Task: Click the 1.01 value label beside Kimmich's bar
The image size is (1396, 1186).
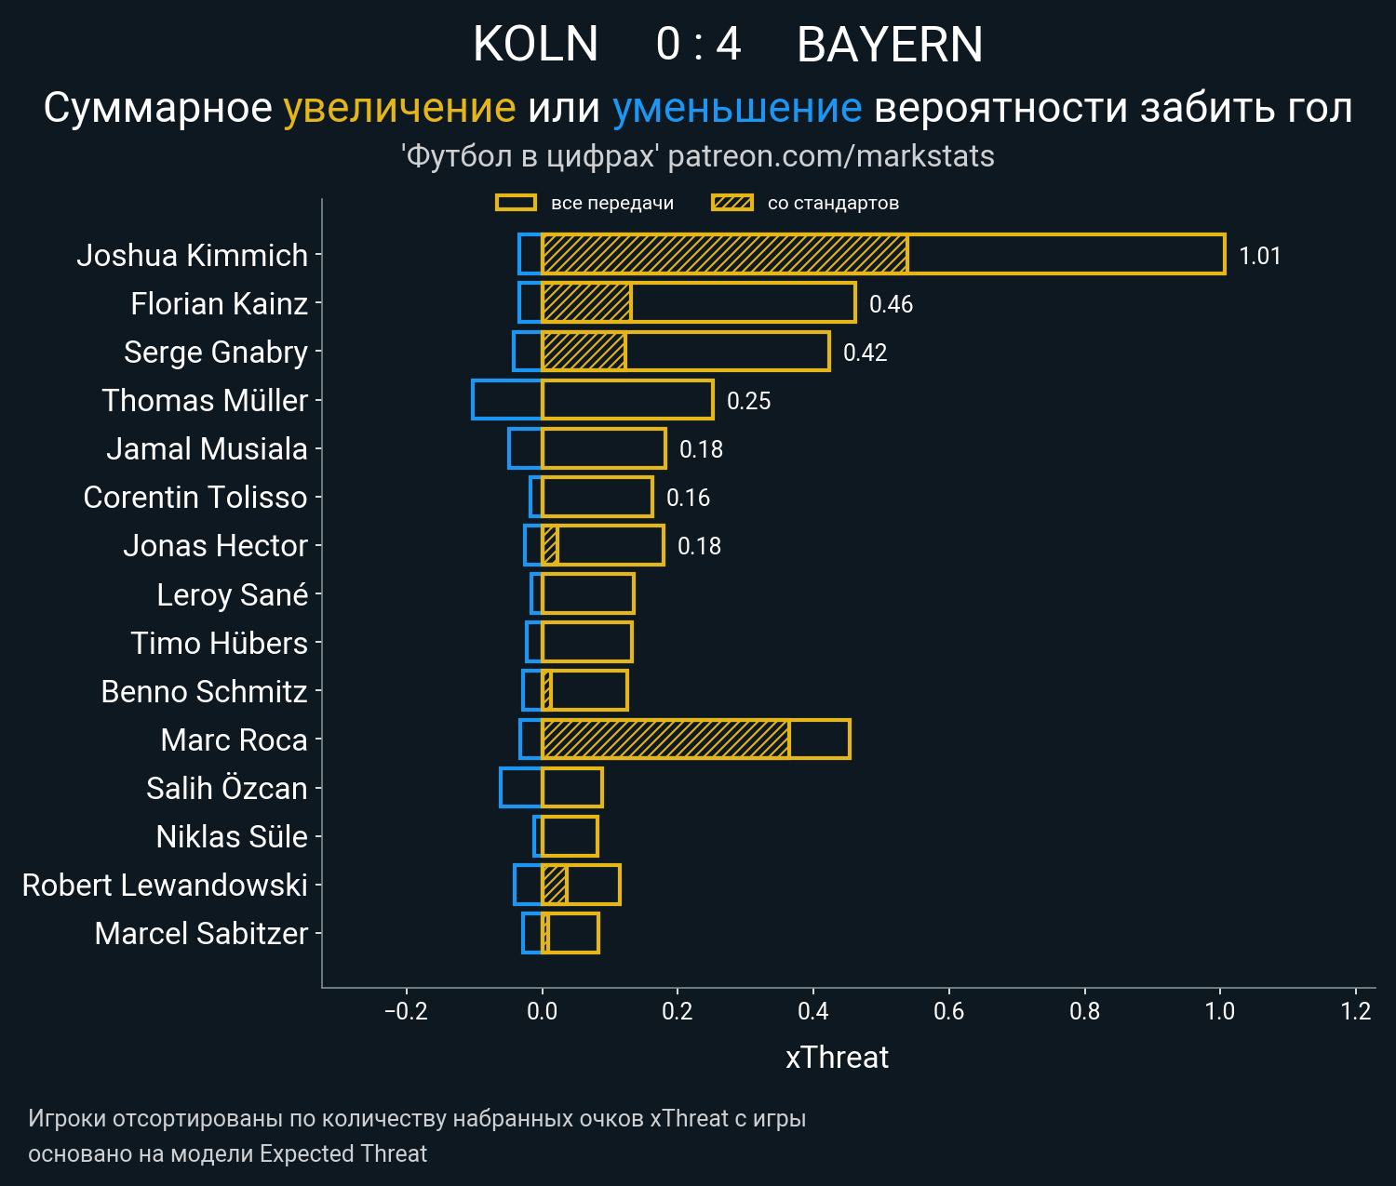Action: pyautogui.click(x=1259, y=256)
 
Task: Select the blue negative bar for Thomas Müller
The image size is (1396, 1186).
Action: pyautogui.click(x=507, y=400)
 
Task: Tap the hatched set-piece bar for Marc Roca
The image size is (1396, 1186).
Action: pyautogui.click(x=665, y=740)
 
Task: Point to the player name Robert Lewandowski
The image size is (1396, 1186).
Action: pyautogui.click(x=165, y=885)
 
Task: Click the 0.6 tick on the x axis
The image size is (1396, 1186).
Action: pyautogui.click(x=948, y=1011)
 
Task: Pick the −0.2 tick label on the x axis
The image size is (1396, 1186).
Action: pyautogui.click(x=406, y=1011)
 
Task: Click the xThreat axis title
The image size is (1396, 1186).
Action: pyautogui.click(x=837, y=1058)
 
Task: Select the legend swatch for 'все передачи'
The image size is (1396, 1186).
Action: pyautogui.click(x=516, y=203)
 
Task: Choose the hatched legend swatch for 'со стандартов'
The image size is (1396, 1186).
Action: pyautogui.click(x=732, y=203)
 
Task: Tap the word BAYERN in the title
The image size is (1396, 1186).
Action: pyautogui.click(x=890, y=45)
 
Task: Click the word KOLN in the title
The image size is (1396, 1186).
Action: pyautogui.click(x=535, y=45)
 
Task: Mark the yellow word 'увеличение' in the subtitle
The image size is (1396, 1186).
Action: pyautogui.click(x=399, y=108)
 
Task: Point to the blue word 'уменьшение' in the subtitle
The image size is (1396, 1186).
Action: pyautogui.click(x=737, y=108)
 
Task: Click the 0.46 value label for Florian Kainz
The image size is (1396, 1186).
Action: pyautogui.click(x=891, y=304)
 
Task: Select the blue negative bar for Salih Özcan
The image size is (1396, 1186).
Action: pyautogui.click(x=521, y=788)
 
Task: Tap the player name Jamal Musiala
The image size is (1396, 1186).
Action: pyautogui.click(x=207, y=449)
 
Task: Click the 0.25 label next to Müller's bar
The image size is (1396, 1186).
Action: pyautogui.click(x=748, y=401)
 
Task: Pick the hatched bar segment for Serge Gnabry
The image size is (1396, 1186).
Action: pyautogui.click(x=584, y=352)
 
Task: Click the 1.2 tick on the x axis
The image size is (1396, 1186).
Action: pyautogui.click(x=1356, y=1011)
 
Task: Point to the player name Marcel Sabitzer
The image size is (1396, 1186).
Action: pyautogui.click(x=201, y=933)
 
